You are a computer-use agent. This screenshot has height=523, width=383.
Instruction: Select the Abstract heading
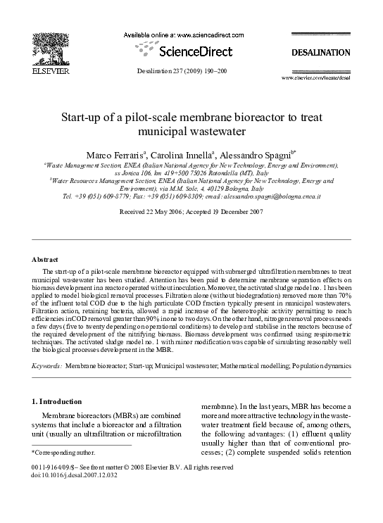point(46,260)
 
